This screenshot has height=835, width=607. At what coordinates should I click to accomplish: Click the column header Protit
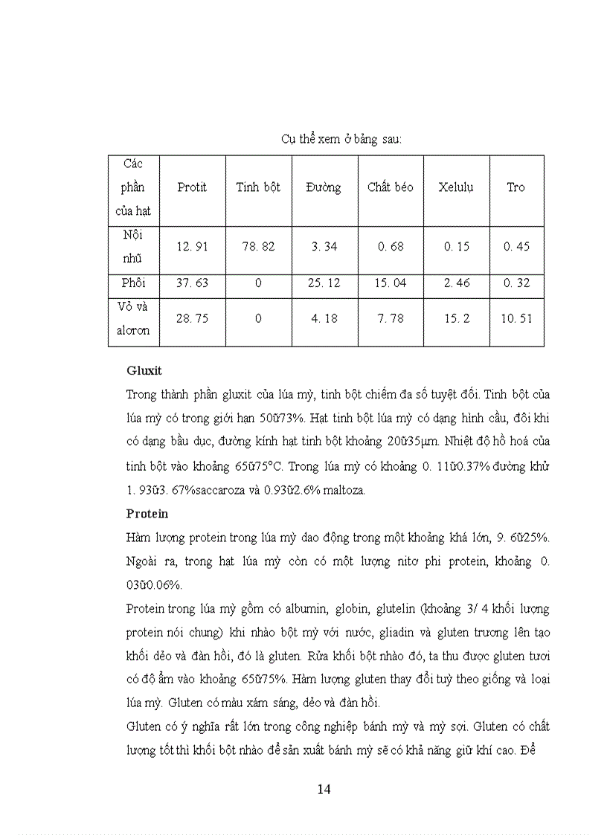(x=192, y=187)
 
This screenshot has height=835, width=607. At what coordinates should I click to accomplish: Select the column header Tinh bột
(x=258, y=187)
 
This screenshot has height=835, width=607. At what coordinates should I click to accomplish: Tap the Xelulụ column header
(x=456, y=187)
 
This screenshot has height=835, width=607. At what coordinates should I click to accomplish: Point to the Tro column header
(x=516, y=187)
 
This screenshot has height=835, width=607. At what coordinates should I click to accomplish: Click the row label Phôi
(x=133, y=283)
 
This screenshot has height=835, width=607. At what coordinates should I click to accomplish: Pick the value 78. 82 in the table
(x=258, y=246)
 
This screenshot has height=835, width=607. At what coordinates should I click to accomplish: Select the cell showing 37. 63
(x=192, y=283)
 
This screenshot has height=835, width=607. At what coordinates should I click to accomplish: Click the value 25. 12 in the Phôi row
(x=323, y=283)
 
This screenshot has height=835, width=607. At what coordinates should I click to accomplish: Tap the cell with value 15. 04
(x=390, y=283)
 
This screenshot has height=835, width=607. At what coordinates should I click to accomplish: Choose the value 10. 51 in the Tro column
(x=516, y=318)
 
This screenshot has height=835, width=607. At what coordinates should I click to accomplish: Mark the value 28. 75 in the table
(x=192, y=318)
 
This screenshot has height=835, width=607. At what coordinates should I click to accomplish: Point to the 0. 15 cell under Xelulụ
(x=456, y=246)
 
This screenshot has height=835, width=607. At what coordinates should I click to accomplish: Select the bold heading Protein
(x=147, y=513)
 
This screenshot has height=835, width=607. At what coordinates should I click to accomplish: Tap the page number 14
(x=324, y=789)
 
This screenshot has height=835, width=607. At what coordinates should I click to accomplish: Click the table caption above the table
(x=341, y=139)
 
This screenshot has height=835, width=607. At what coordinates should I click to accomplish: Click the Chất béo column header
(x=390, y=187)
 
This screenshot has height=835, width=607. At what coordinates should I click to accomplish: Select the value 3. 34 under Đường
(x=323, y=246)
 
